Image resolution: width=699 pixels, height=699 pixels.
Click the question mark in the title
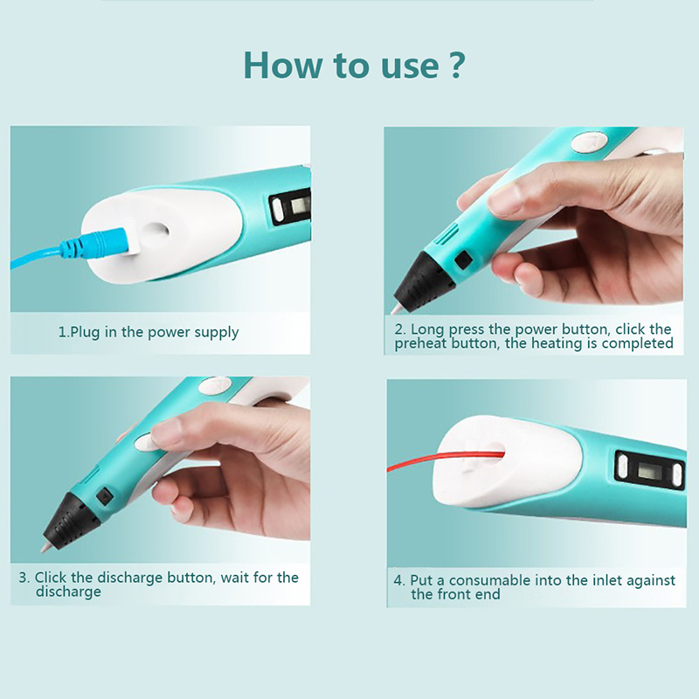pos(455,65)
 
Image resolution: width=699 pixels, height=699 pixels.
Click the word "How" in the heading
pos(282,65)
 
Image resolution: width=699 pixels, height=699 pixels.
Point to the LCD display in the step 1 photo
pos(300,205)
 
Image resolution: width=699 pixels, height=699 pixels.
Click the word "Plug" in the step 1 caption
pos(85,333)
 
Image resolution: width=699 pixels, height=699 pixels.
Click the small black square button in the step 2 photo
pos(463,259)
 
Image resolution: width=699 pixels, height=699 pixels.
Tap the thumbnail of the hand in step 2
pos(503,198)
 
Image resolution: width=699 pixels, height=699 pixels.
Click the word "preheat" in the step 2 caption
pos(421,343)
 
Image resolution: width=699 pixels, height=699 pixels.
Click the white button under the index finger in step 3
pos(144,443)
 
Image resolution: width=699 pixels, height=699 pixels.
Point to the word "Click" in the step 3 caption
pos(51,578)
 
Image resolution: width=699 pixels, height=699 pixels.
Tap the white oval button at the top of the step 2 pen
pos(589,142)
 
